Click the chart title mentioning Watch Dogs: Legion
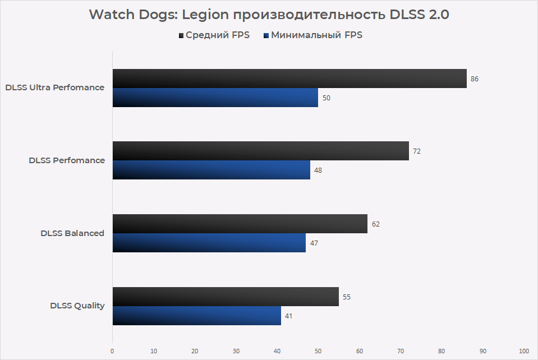[x=269, y=15]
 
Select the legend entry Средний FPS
[x=213, y=35]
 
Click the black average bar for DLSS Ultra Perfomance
[x=289, y=79]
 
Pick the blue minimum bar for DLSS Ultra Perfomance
[x=215, y=98]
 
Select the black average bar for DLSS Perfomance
[x=260, y=151]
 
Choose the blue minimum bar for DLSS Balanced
[x=209, y=243]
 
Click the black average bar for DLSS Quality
[x=226, y=297]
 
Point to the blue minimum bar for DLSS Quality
[x=196, y=316]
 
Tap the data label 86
[x=475, y=79]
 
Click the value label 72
[x=417, y=151]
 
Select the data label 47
[x=314, y=243]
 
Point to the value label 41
[x=288, y=316]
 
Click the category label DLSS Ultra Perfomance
[x=54, y=87]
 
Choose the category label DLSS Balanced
[x=72, y=233]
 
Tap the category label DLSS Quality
[x=77, y=306]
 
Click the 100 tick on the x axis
[x=524, y=351]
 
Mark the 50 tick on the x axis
[x=318, y=351]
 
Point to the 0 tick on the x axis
[x=112, y=351]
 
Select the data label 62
[x=375, y=224]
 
